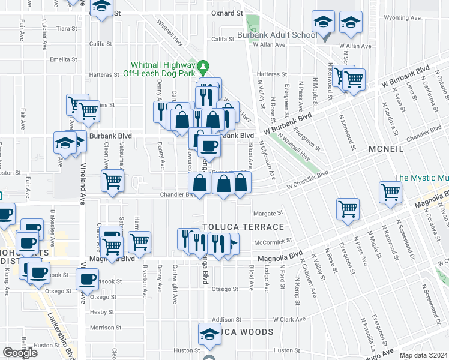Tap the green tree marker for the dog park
coord(203,64)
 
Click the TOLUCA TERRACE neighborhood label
coord(243,227)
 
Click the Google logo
coord(20,352)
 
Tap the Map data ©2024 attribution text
coord(423,355)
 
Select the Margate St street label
coord(268,213)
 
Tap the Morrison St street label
coord(101,328)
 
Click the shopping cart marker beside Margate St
coord(348,209)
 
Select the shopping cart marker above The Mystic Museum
coord(390,192)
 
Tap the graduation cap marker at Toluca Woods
coord(209,334)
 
